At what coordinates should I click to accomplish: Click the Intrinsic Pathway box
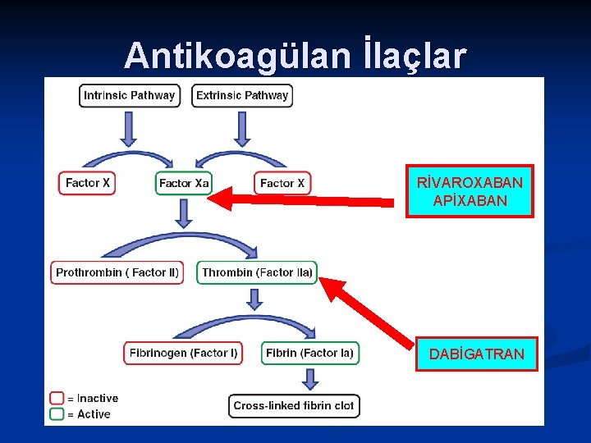point(130,95)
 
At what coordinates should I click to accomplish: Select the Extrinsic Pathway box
point(242,95)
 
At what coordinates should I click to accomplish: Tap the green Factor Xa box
point(184,183)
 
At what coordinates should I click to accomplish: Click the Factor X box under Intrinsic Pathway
point(87,183)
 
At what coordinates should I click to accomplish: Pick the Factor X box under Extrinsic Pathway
point(282,183)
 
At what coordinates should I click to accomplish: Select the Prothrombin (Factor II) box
point(117,272)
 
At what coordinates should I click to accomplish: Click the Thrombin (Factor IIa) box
point(257,272)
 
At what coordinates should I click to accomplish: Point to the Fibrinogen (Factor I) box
point(183,353)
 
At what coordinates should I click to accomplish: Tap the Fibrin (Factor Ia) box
point(309,353)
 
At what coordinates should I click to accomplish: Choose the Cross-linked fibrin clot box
point(293,405)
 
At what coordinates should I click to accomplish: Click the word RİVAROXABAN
point(470,182)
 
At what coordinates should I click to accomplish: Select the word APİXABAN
point(470,201)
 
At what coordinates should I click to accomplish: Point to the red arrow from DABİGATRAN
point(369,312)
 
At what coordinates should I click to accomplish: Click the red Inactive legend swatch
point(57,398)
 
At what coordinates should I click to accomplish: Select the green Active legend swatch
point(57,413)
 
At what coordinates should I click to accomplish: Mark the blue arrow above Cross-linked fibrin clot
point(309,378)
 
